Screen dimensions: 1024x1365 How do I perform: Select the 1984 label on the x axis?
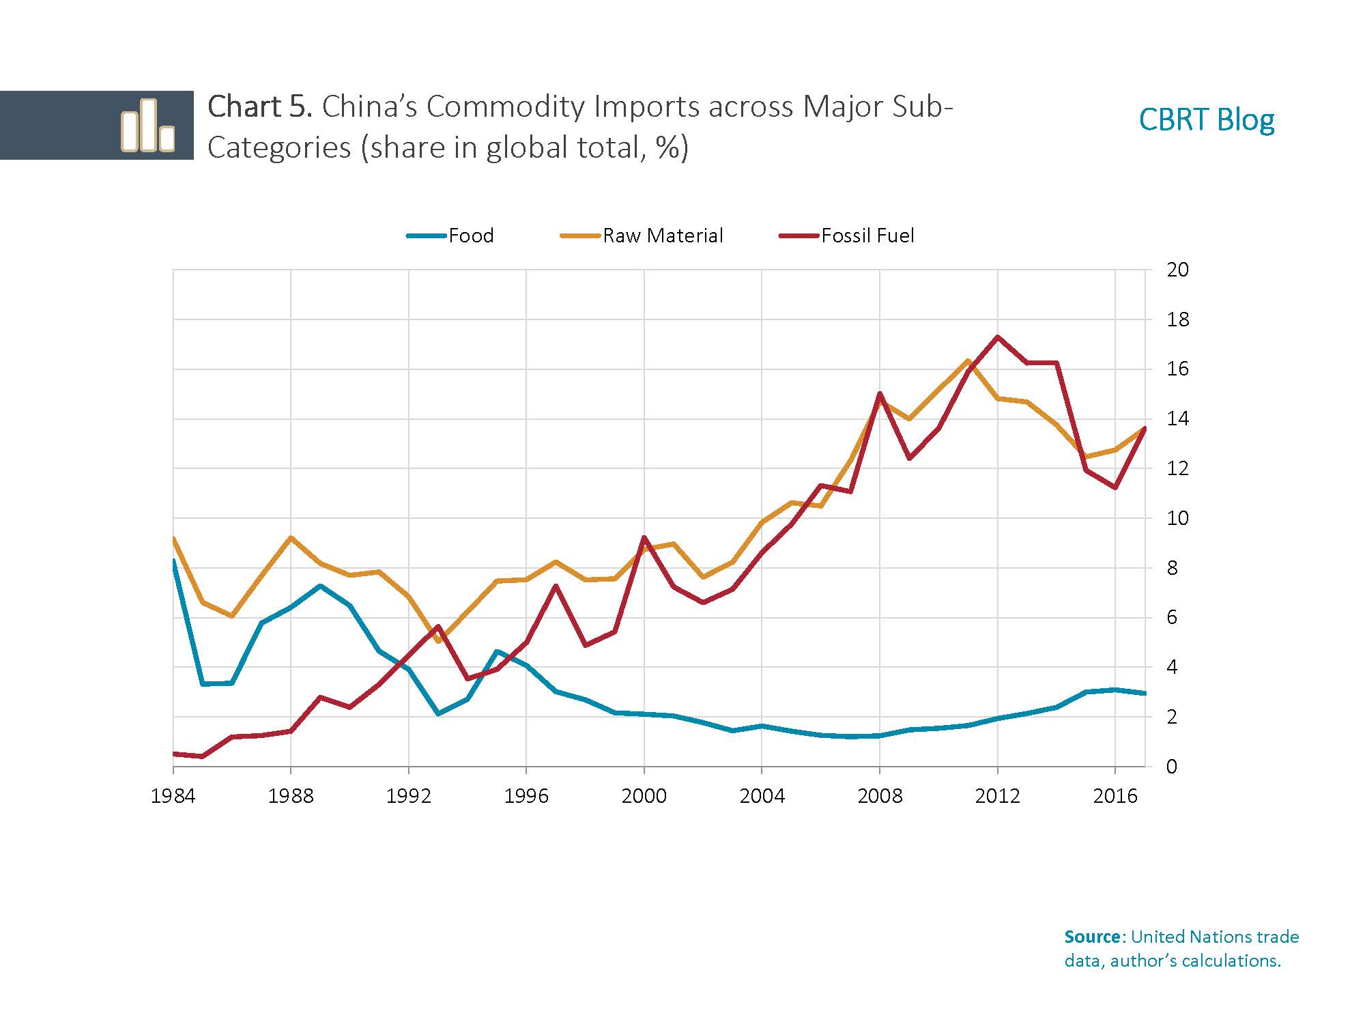(173, 796)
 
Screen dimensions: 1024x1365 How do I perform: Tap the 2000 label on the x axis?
(644, 796)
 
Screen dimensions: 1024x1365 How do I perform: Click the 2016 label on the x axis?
(1115, 796)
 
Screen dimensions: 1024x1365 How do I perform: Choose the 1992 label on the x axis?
(408, 796)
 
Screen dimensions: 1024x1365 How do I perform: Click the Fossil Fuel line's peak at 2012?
(998, 337)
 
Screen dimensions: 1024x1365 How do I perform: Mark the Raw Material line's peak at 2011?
(968, 360)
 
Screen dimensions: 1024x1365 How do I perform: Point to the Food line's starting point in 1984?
(174, 561)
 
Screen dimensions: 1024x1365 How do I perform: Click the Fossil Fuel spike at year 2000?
(644, 537)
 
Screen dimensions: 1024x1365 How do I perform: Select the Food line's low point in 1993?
(438, 713)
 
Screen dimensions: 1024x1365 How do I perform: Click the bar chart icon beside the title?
(147, 126)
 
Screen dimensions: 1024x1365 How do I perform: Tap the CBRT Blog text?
(1206, 120)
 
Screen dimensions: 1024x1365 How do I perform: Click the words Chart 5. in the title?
(259, 107)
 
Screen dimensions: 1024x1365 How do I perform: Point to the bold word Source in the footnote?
(1092, 937)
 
